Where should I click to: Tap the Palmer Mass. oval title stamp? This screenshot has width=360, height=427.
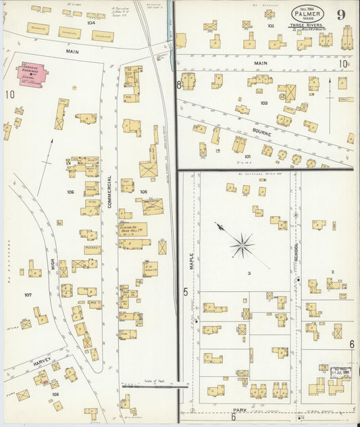(x=307, y=14)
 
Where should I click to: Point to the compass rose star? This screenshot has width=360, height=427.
(x=241, y=245)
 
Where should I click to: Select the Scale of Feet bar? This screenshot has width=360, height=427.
(x=155, y=386)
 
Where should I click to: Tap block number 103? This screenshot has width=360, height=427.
(x=264, y=103)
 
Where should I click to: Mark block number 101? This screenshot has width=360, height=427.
(x=247, y=156)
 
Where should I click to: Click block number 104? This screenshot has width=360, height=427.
(x=91, y=22)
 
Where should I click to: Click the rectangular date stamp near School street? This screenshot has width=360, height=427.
(x=337, y=372)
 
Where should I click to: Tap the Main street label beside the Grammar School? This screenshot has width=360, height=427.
(x=72, y=51)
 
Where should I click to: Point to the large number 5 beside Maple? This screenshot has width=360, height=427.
(x=184, y=292)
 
